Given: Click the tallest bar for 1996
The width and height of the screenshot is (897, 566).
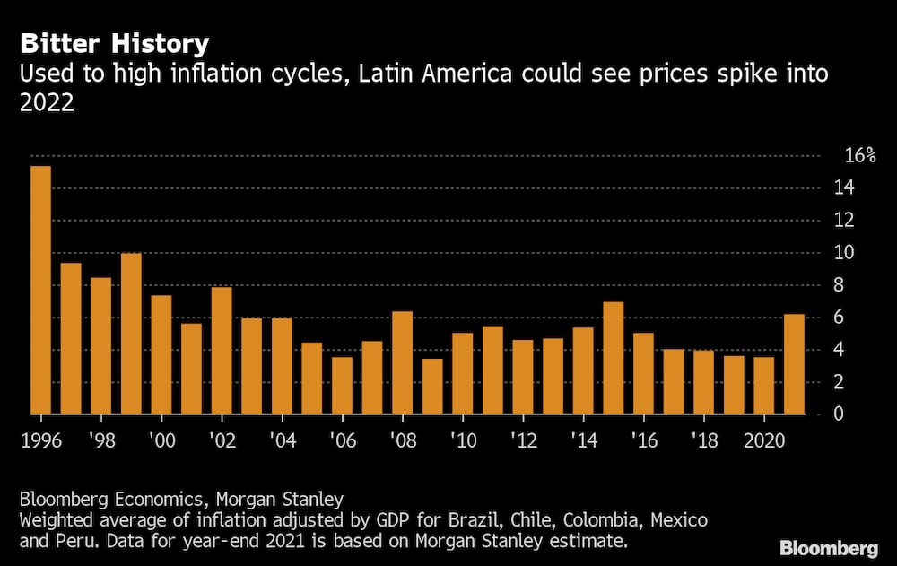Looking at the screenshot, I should [x=40, y=290].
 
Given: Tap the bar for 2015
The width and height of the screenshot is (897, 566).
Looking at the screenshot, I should [x=613, y=358].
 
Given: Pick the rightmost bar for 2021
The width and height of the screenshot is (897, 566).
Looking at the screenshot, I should [x=794, y=364].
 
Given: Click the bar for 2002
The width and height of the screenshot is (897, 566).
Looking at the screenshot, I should [x=221, y=351].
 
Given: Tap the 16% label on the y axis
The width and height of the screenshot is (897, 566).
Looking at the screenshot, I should [x=859, y=156].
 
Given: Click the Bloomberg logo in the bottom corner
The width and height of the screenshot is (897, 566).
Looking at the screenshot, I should [x=828, y=546].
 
